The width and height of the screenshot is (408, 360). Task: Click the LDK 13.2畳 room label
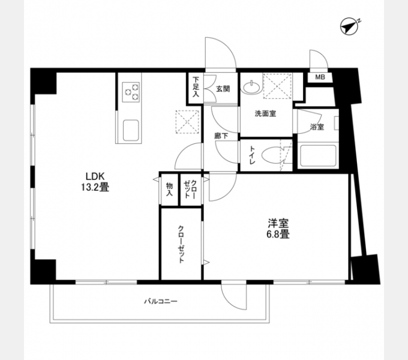(95, 181)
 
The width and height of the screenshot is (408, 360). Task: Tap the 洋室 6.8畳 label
(278, 228)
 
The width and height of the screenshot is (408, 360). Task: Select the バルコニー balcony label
(160, 300)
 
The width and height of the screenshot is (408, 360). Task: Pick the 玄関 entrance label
(223, 88)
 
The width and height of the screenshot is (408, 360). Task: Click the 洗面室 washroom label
(265, 114)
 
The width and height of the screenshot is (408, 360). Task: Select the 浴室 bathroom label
(317, 126)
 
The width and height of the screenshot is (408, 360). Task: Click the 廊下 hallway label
(221, 136)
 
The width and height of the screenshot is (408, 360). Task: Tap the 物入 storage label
(169, 190)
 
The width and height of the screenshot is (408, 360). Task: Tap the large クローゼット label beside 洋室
(181, 243)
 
